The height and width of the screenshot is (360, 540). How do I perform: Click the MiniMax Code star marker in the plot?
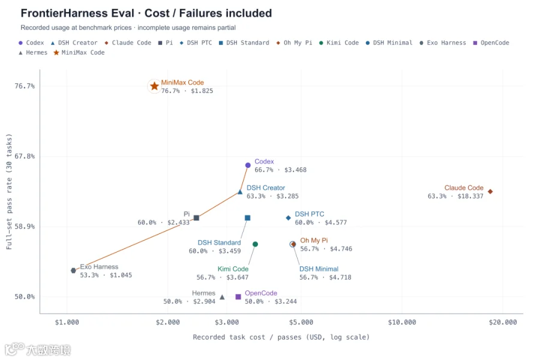pyautogui.click(x=154, y=86)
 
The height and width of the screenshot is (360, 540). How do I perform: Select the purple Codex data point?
pyautogui.click(x=248, y=166)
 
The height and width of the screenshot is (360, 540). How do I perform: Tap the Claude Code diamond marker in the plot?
pyautogui.click(x=490, y=191)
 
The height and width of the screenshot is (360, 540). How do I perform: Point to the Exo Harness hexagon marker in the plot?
pyautogui.click(x=73, y=271)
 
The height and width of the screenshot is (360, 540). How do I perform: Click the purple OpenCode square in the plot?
pyautogui.click(x=238, y=296)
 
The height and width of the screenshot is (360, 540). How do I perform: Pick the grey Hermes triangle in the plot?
pyautogui.click(x=222, y=296)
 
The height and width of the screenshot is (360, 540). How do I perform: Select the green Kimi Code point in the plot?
pyautogui.click(x=255, y=244)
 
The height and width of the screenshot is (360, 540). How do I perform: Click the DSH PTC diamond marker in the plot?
pyautogui.click(x=288, y=218)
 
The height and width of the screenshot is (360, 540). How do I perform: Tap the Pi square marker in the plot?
pyautogui.click(x=196, y=218)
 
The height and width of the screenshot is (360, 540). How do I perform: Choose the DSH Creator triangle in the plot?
pyautogui.click(x=240, y=191)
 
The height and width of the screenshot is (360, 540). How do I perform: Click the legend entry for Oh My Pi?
pyautogui.click(x=294, y=43)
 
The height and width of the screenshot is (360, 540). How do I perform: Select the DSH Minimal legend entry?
pyautogui.click(x=389, y=43)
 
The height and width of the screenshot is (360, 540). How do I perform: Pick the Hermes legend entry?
pyautogui.click(x=33, y=52)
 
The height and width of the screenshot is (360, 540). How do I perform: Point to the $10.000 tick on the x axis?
pyautogui.click(x=402, y=322)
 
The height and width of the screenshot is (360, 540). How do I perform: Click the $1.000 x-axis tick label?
pyautogui.click(x=67, y=322)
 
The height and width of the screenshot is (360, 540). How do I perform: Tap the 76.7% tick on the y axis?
pyautogui.click(x=25, y=86)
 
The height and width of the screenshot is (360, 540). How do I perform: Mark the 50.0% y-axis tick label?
pyautogui.click(x=25, y=296)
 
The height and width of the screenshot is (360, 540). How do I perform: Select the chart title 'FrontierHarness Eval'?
pyautogui.click(x=77, y=13)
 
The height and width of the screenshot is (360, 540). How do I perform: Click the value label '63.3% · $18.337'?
pyautogui.click(x=455, y=196)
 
